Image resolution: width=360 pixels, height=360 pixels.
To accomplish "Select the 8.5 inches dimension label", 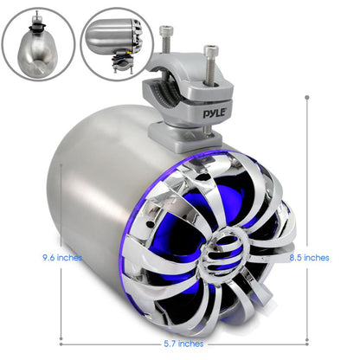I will pyautogui.click(x=309, y=257).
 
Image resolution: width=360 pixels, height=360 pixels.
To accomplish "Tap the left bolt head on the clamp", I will pyautogui.click(x=165, y=31).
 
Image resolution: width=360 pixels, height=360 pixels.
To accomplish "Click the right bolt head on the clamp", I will pyautogui.click(x=209, y=49).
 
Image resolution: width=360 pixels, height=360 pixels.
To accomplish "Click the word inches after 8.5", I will pyautogui.click(x=317, y=257).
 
